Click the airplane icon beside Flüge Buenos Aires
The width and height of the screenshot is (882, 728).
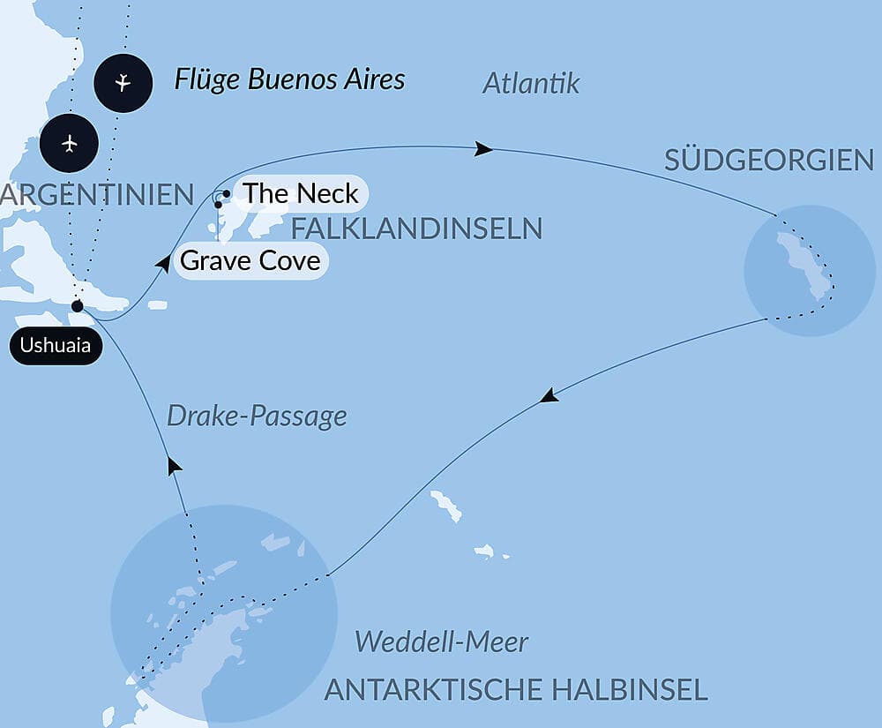(123, 83)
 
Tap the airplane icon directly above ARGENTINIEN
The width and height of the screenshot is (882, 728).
(70, 143)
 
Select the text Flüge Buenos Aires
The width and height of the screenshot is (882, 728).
(289, 79)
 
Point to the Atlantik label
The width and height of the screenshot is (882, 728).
(531, 83)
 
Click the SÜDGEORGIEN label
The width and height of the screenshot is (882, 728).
(768, 160)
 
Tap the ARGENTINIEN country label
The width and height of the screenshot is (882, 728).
(97, 194)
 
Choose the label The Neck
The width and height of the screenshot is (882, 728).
(300, 193)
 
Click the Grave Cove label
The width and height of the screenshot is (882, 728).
(250, 261)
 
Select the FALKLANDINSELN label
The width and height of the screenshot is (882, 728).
(416, 229)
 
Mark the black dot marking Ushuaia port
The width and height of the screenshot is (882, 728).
(78, 306)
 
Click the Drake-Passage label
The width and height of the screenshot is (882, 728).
(257, 416)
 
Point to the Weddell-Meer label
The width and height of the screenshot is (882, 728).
(441, 642)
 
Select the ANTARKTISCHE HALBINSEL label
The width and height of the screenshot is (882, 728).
(516, 689)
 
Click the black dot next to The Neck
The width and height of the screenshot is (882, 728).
(227, 193)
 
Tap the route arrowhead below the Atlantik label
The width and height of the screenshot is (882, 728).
(483, 148)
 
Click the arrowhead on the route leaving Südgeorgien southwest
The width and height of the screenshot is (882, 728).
(549, 396)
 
